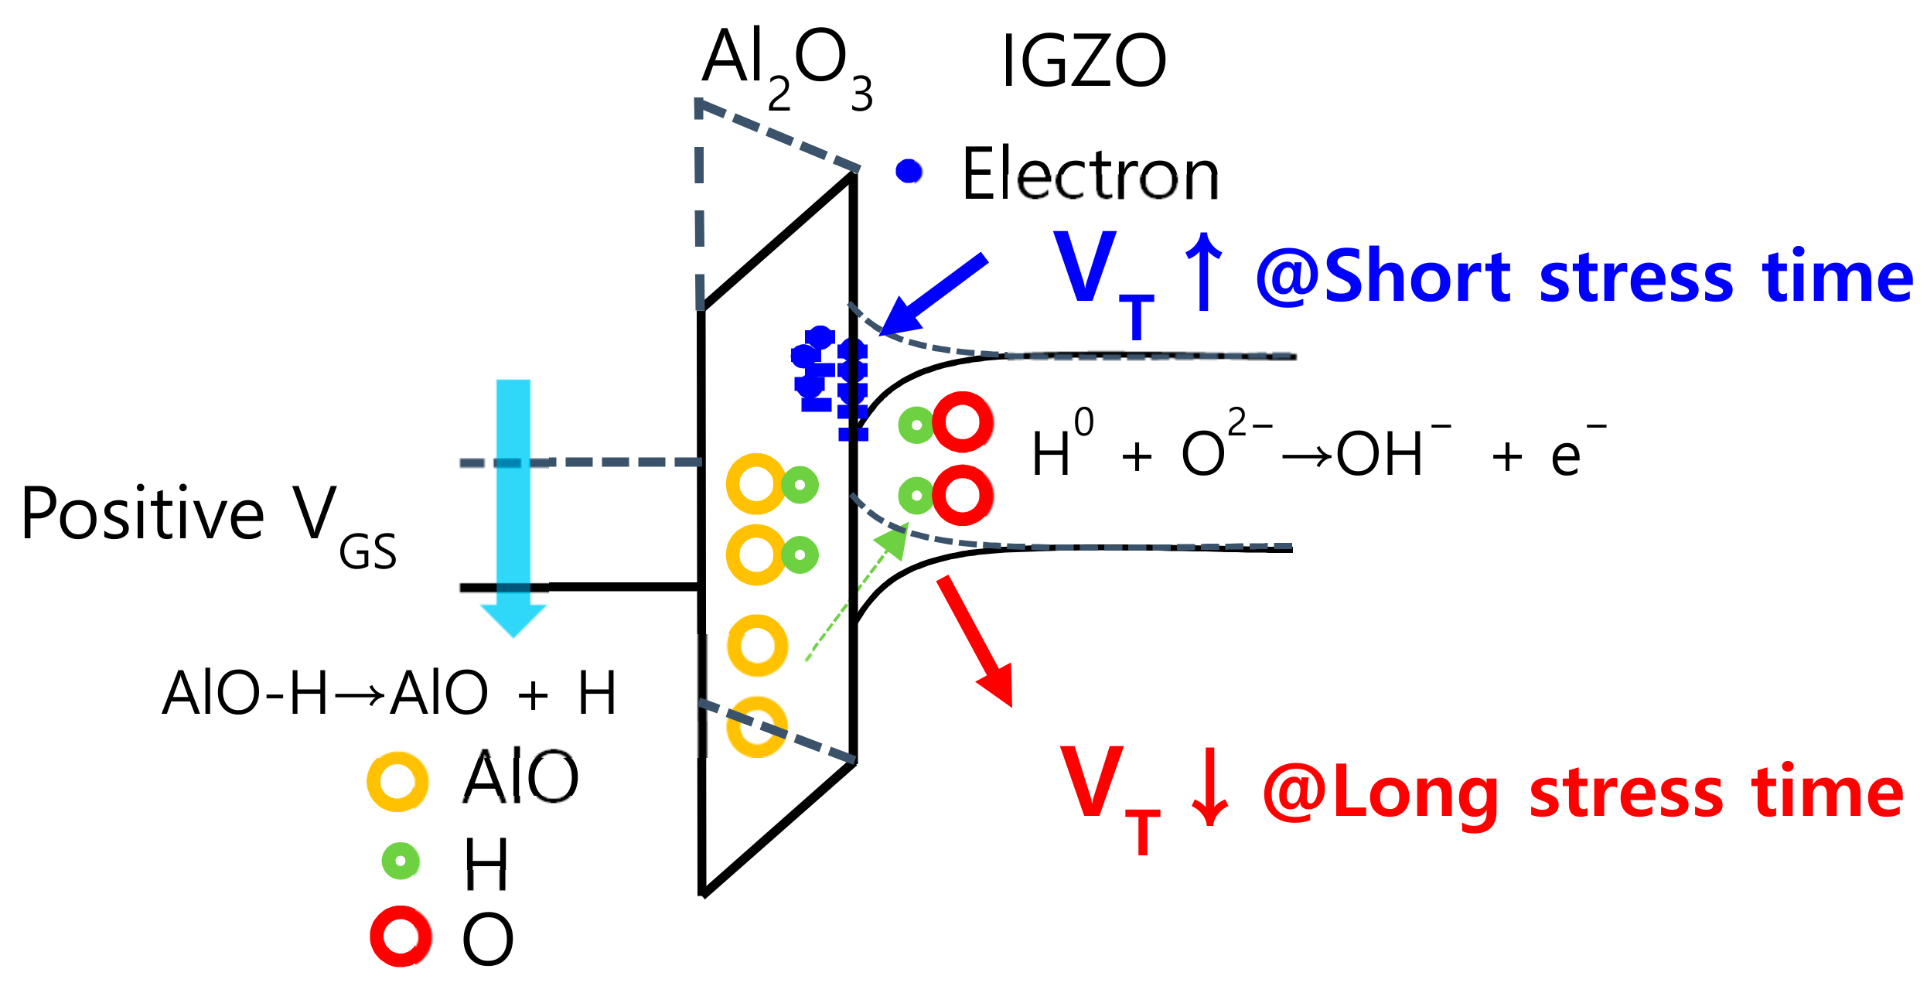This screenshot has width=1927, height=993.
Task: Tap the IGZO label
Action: coord(1083,62)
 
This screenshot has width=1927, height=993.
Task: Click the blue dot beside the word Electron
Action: coord(909,171)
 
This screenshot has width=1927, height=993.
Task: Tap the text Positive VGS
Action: coord(209,518)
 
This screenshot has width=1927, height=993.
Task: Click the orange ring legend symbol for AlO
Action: coord(397,782)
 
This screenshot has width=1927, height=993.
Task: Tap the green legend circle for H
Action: coord(401,861)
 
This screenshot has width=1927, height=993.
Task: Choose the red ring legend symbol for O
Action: coord(401,937)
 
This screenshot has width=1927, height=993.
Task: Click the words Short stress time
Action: coord(1616,277)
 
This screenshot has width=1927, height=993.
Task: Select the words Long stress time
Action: coord(1616,793)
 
